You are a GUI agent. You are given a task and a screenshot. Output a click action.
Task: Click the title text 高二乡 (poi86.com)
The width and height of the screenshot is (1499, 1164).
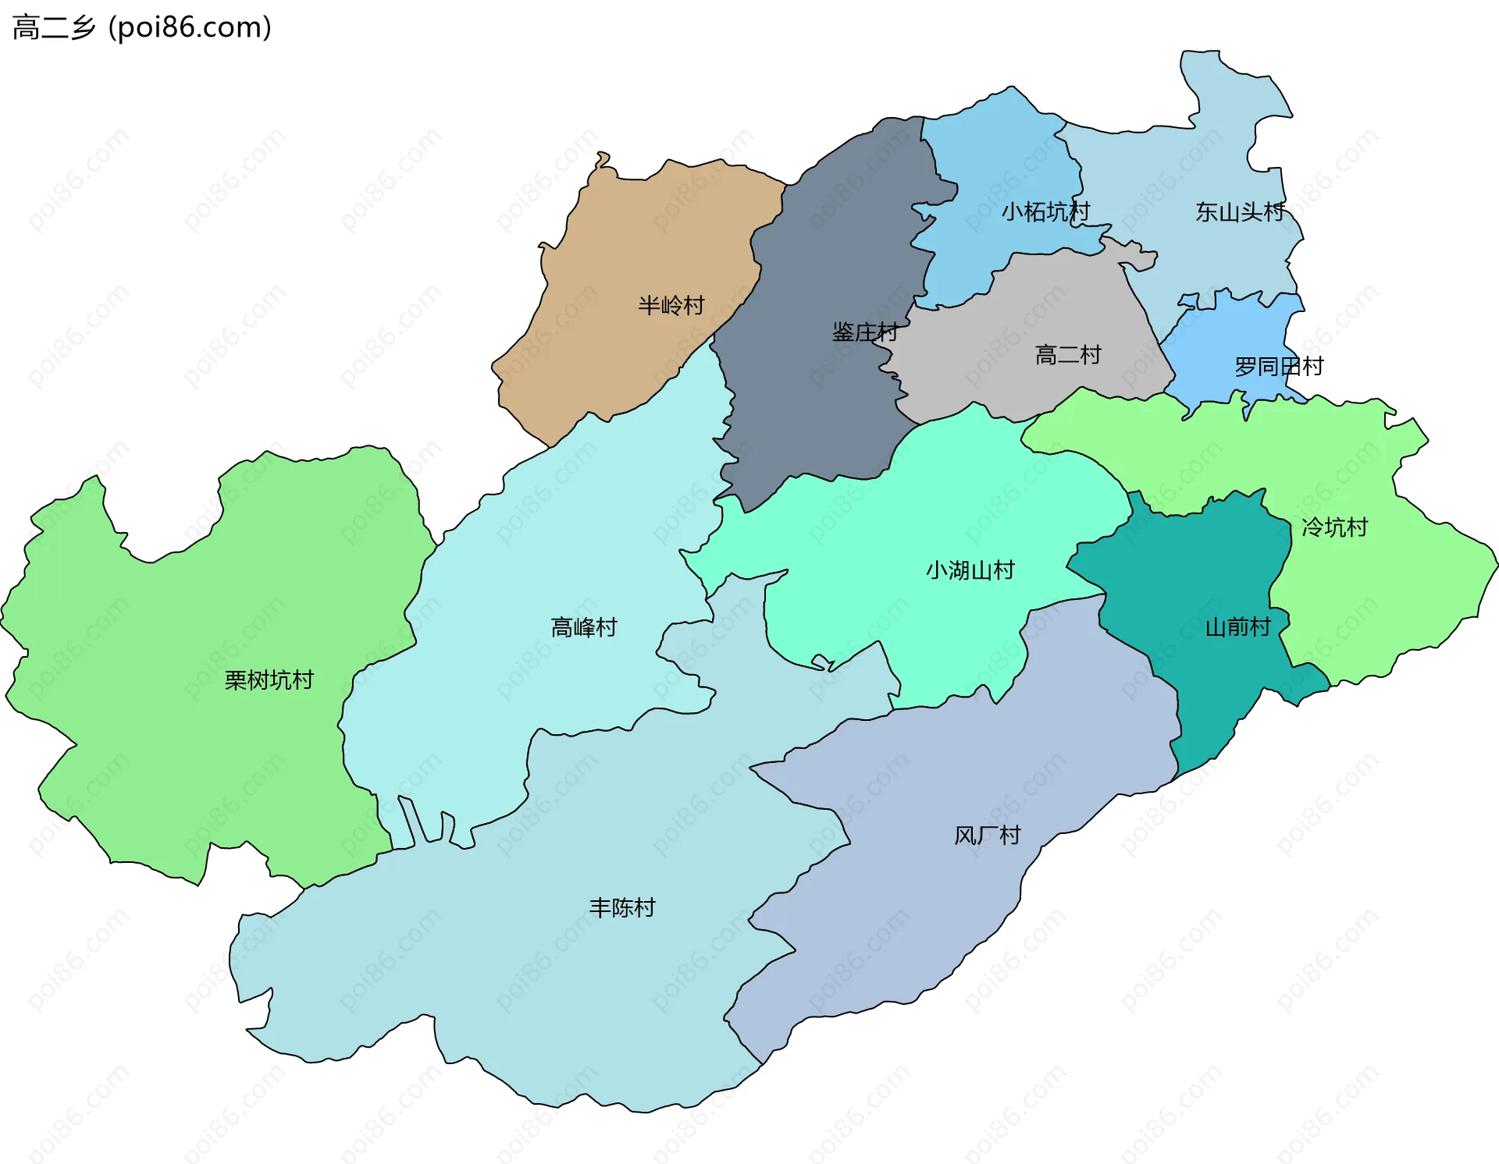click(142, 27)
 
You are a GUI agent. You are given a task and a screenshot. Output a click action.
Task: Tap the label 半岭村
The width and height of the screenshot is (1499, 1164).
click(671, 305)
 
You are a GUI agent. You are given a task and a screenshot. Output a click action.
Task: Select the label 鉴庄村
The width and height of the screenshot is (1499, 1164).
click(864, 332)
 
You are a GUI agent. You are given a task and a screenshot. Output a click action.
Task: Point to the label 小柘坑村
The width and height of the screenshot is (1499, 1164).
click(1045, 211)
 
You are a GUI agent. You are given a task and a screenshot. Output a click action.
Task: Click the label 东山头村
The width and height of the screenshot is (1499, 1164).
click(1239, 211)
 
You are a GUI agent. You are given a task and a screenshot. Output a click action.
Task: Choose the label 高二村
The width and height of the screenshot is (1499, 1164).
click(1067, 355)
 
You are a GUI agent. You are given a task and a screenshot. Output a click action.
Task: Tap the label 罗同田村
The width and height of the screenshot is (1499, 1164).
click(1278, 366)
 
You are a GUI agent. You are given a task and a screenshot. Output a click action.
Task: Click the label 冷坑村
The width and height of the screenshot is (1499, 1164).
click(1334, 527)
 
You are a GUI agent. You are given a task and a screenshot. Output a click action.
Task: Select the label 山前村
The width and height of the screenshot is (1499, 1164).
click(1237, 626)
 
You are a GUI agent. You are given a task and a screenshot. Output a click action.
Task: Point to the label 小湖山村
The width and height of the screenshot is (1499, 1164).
click(970, 570)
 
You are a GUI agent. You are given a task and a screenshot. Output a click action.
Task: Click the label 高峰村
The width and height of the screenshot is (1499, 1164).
click(583, 626)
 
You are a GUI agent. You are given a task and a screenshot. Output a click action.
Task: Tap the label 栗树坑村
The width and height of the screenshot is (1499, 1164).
click(269, 680)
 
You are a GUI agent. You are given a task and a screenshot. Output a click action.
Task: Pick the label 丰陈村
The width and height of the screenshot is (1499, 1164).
click(621, 907)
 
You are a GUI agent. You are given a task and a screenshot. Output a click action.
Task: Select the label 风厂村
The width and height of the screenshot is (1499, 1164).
click(987, 836)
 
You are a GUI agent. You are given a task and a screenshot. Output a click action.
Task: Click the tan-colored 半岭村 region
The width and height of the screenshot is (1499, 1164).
click(625, 234)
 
